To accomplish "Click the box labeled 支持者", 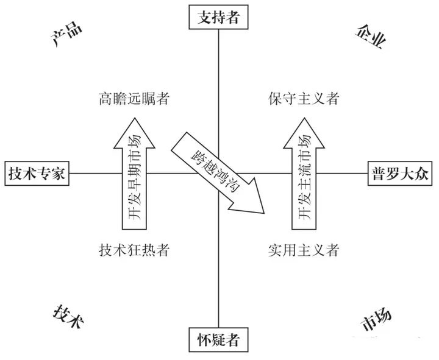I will coord(219,18).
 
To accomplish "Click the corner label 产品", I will coord(65,37).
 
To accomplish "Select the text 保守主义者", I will coord(303,98).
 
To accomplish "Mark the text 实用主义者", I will coord(303,250).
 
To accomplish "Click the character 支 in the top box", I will coord(203,18).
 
